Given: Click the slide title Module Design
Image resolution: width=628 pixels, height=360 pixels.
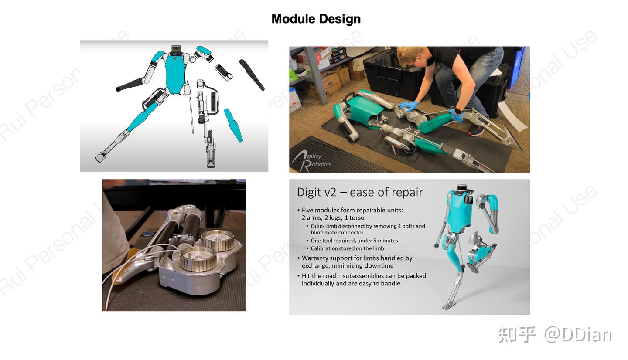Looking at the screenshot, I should (x=316, y=19).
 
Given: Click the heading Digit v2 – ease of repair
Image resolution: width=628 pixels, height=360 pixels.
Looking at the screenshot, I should (x=360, y=192).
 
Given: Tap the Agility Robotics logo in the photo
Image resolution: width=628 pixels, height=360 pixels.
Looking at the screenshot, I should (x=311, y=160).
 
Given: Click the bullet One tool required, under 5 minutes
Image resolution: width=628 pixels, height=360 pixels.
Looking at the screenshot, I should (x=354, y=241).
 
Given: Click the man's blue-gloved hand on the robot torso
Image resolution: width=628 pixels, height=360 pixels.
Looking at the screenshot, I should (x=408, y=106).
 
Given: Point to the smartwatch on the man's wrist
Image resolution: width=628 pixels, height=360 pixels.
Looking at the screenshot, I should (x=458, y=110).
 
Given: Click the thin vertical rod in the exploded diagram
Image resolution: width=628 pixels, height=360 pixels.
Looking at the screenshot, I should (x=191, y=115).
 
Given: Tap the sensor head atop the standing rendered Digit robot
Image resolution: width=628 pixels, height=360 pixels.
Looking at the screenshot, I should (x=462, y=188).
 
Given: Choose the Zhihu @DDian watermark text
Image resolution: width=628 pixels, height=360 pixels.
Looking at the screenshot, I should (x=555, y=335).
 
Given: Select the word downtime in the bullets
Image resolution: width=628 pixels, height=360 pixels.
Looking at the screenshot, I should (x=379, y=266).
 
